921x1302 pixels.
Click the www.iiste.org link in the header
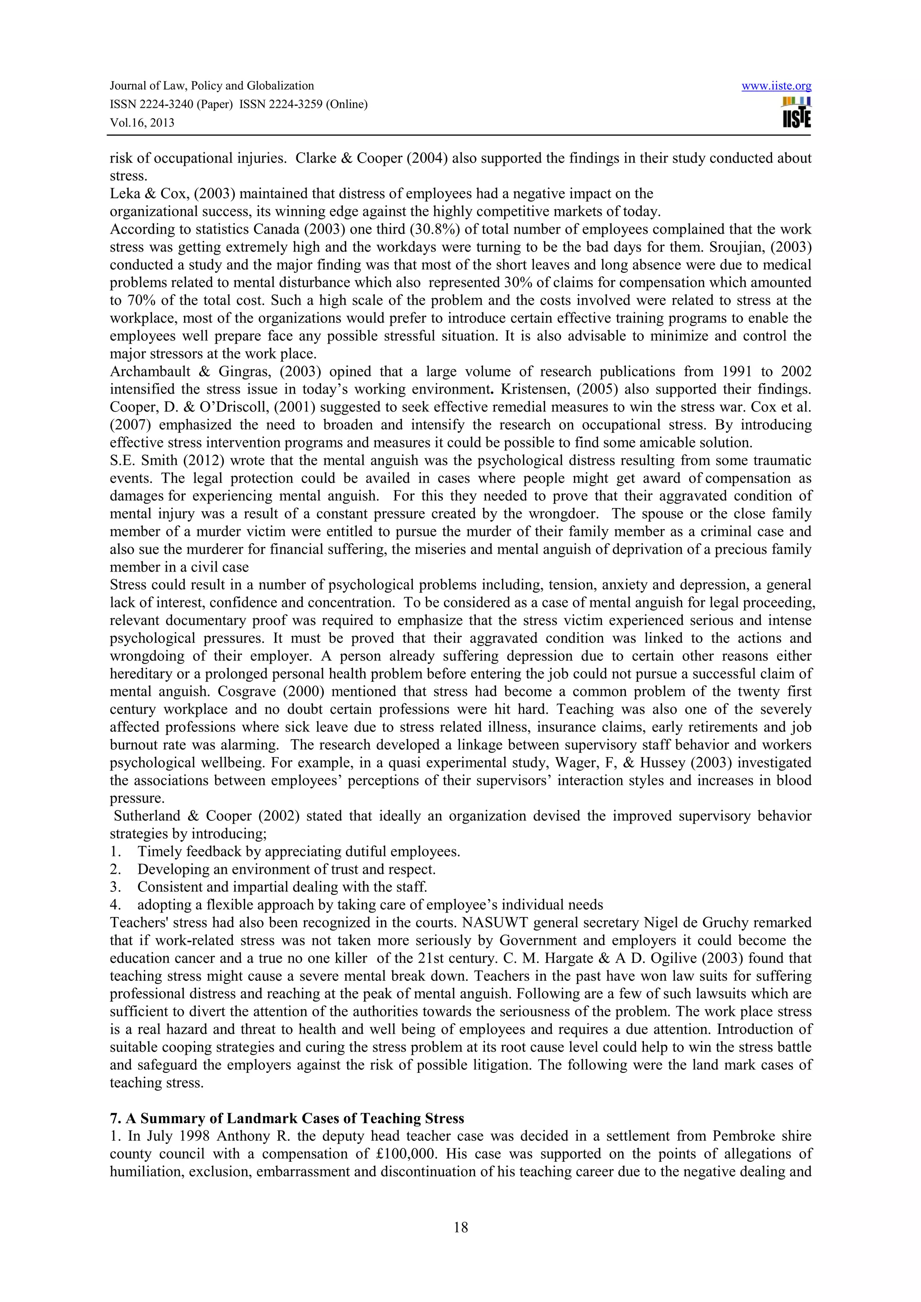coord(776,86)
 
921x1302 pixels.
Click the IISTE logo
coord(796,113)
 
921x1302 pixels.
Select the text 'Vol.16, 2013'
coord(142,123)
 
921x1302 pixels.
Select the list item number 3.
coord(115,887)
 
